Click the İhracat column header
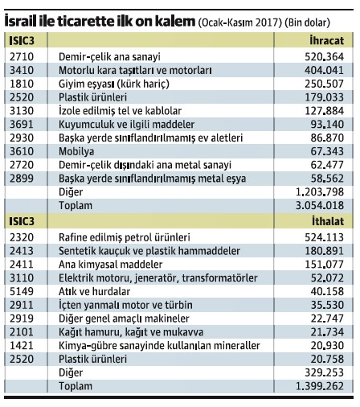pyautogui.click(x=333, y=39)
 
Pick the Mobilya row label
pyautogui.click(x=78, y=151)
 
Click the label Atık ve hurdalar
pyautogui.click(x=95, y=291)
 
